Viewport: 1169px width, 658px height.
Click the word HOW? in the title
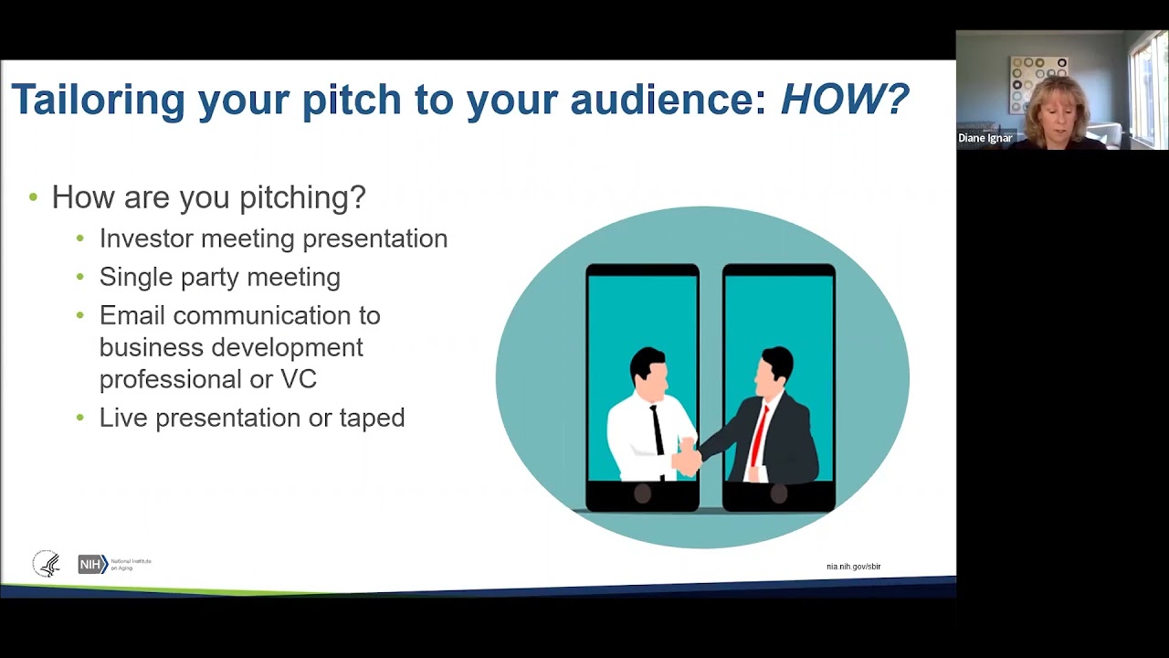[845, 98]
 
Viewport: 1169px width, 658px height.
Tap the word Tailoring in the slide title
[98, 101]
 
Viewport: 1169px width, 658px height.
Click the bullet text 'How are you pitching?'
[209, 198]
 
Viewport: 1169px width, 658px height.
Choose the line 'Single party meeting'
[220, 277]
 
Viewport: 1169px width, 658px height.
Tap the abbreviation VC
[299, 379]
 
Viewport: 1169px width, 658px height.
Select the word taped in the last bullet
[372, 419]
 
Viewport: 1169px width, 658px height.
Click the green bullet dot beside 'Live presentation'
[79, 418]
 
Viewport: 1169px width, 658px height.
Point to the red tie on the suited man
[759, 437]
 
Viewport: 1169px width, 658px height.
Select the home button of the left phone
[642, 493]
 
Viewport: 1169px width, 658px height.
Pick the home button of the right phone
[779, 493]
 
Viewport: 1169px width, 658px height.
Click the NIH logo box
[93, 564]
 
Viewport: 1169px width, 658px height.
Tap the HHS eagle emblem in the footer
[47, 564]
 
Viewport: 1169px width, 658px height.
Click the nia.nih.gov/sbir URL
[853, 567]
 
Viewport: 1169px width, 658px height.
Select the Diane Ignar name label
[985, 138]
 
